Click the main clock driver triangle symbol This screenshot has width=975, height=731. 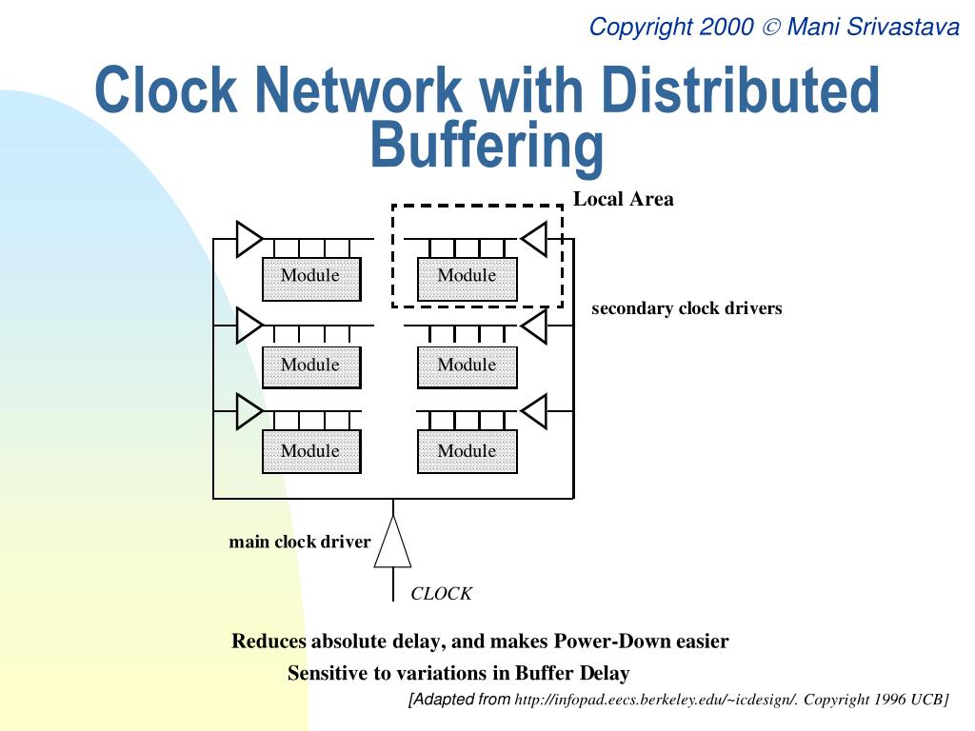click(x=392, y=544)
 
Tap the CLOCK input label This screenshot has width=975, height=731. click(x=441, y=594)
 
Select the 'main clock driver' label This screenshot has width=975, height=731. click(x=299, y=543)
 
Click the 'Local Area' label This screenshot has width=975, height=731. click(x=623, y=199)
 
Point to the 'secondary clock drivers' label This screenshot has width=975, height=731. click(x=686, y=308)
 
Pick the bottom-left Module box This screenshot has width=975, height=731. click(x=310, y=451)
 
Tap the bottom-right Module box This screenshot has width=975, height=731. click(x=467, y=451)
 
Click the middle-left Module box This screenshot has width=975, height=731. click(x=310, y=366)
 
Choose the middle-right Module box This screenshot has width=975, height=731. click(x=467, y=366)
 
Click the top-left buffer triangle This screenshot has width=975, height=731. click(x=248, y=238)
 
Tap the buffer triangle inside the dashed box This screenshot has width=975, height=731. click(x=535, y=238)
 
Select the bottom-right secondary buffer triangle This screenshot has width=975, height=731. click(x=535, y=411)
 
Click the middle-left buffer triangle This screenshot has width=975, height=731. click(x=248, y=326)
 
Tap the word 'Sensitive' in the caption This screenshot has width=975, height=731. click(x=328, y=674)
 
